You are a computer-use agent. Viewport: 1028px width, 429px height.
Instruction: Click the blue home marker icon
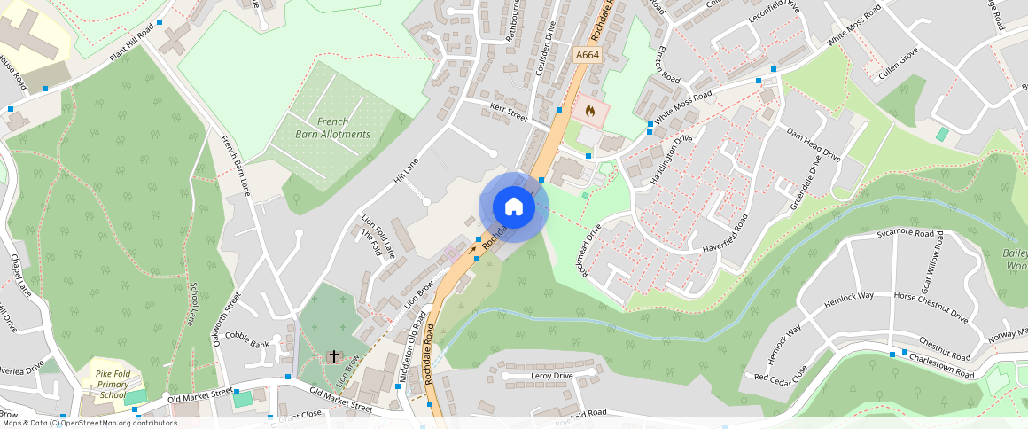(x=514, y=207)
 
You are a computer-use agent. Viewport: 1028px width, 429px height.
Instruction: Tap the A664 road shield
(x=588, y=55)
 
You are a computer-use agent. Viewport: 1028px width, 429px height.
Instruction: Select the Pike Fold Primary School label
(x=113, y=385)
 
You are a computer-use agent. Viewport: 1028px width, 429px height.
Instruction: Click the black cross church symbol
(x=334, y=356)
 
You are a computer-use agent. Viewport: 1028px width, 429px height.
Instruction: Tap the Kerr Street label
(x=509, y=113)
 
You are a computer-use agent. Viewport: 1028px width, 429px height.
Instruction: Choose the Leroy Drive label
(x=551, y=376)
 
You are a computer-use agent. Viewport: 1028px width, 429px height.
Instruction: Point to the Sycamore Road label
(x=906, y=235)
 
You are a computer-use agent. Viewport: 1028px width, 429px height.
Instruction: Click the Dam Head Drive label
(x=814, y=144)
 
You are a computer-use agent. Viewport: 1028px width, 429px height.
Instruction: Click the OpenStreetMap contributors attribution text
(x=89, y=423)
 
